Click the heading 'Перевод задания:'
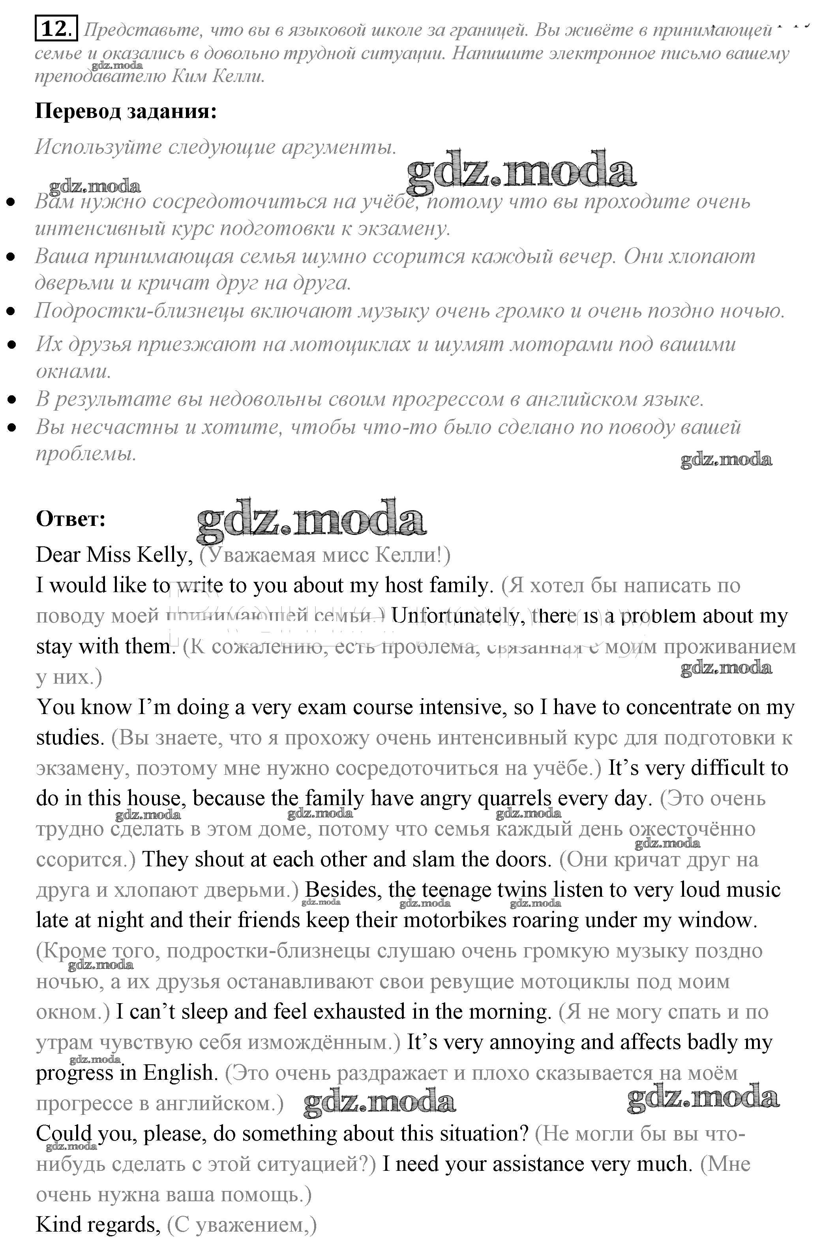(126, 111)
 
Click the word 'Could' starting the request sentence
(64, 1133)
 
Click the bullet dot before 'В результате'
(11, 400)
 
